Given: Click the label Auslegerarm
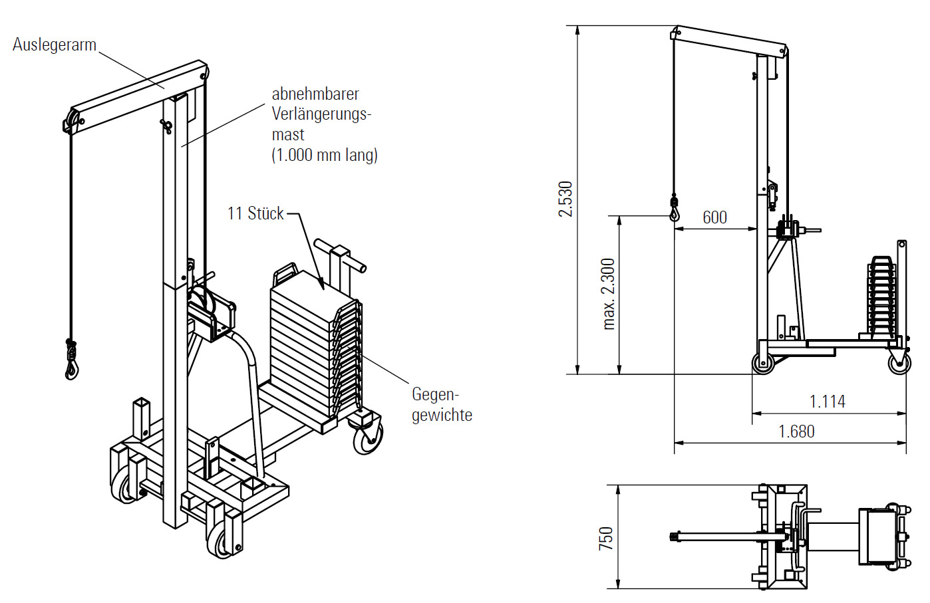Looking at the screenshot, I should click(x=55, y=45).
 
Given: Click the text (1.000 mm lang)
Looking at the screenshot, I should click(x=325, y=155).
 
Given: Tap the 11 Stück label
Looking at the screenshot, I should click(x=255, y=213).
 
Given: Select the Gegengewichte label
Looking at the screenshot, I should click(x=442, y=404).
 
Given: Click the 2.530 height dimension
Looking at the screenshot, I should click(x=565, y=199).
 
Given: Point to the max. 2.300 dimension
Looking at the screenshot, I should click(x=609, y=294).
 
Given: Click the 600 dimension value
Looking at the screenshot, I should click(x=714, y=217).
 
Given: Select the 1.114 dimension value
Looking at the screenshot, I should click(x=827, y=402).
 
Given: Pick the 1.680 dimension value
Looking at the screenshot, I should click(x=796, y=431).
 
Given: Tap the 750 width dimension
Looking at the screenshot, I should click(x=606, y=538).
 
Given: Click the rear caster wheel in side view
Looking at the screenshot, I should click(x=899, y=363).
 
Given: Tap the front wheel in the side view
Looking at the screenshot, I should click(x=764, y=363).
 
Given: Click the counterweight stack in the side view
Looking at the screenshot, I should click(x=882, y=297).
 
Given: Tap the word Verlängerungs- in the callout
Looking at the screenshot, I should click(x=321, y=114).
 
